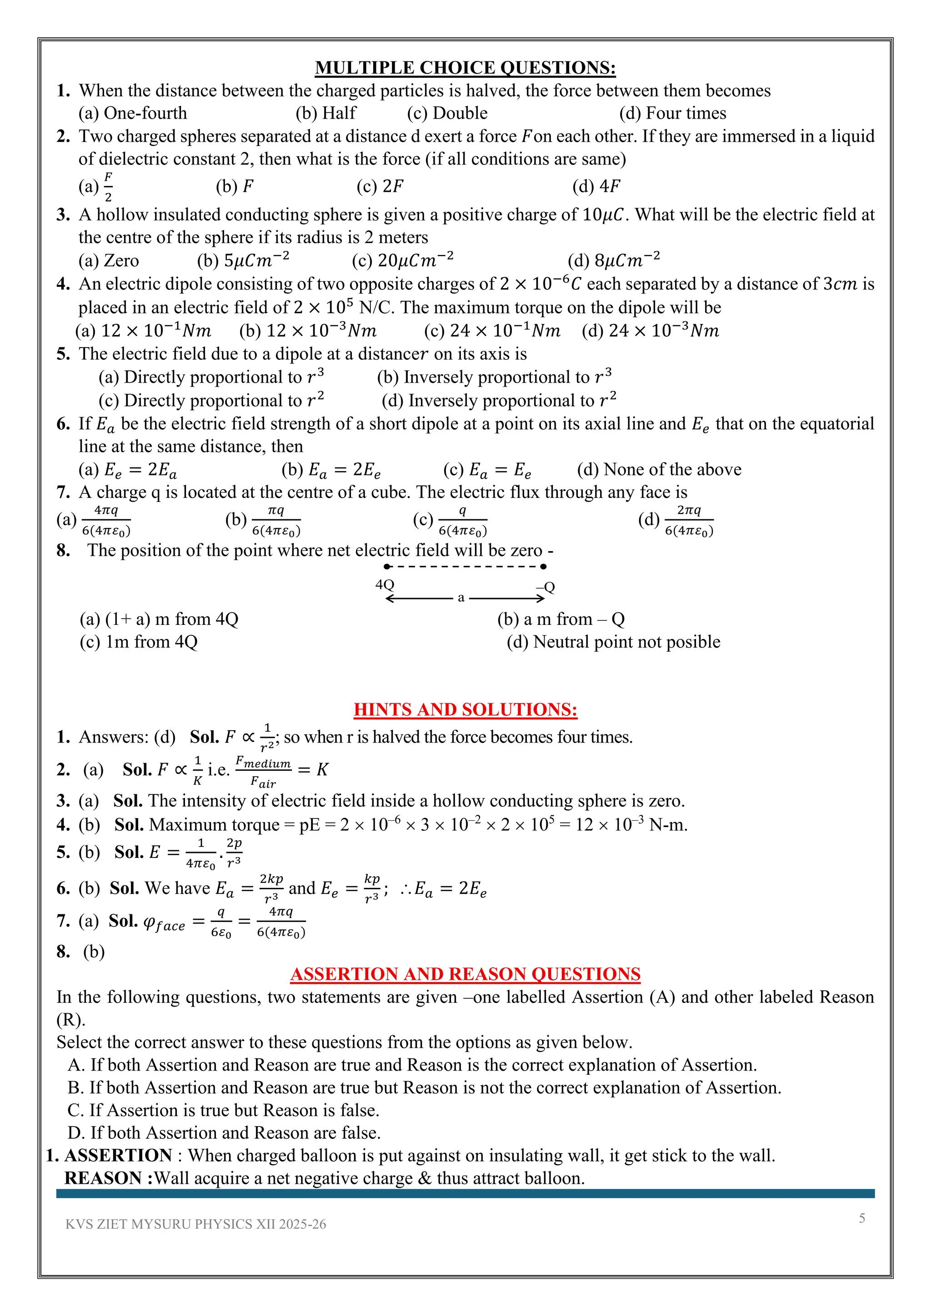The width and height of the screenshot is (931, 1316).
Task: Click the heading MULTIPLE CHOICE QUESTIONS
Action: point(465,68)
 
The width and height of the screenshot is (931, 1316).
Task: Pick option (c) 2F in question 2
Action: point(380,186)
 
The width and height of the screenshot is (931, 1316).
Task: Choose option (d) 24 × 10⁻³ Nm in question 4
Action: point(650,331)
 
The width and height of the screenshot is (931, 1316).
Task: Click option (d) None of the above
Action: point(659,470)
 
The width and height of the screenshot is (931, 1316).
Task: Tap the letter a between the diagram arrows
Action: point(461,598)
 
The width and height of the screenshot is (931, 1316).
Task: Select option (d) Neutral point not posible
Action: point(613,642)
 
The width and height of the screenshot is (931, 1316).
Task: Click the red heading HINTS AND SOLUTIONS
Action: point(465,710)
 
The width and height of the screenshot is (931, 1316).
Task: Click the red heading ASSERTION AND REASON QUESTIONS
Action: point(465,974)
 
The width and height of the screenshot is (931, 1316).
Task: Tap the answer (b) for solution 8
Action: point(94,952)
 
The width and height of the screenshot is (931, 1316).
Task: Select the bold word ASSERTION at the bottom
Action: point(118,1156)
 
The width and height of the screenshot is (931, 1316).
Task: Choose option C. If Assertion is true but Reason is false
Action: point(224,1111)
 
